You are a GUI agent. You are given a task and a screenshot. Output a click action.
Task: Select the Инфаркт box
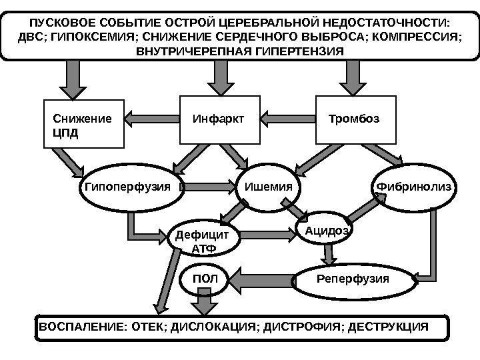point(220,119)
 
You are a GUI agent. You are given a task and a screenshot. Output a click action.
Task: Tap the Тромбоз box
point(355,119)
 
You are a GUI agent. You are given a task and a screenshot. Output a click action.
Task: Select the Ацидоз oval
point(324,230)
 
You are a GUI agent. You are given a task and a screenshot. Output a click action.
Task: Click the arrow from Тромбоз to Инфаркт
point(287,119)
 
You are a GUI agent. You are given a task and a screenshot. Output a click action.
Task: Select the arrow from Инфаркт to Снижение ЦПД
point(153,119)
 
